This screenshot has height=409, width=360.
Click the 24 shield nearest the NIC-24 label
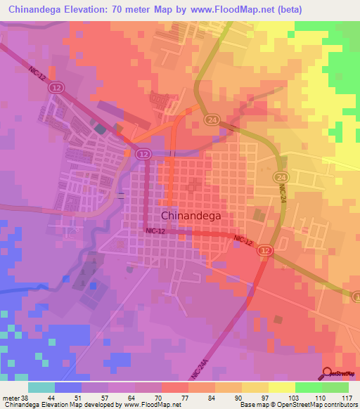pos(281,177)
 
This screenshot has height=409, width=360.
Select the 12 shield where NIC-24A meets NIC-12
pos(265,250)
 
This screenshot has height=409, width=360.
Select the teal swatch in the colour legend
pos(41,387)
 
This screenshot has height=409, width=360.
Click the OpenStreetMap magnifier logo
pos(328,373)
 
